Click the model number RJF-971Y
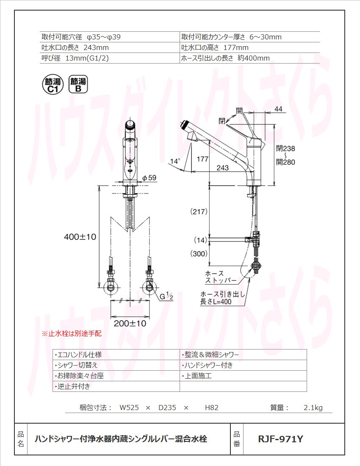pos(280,439)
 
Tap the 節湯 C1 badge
pos(53,85)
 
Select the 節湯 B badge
pos(78,85)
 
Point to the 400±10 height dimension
pos(80,237)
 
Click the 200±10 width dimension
pos(130,324)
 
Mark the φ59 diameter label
pos(150,178)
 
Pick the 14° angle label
pos(175,161)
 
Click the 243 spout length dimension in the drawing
pos(222,168)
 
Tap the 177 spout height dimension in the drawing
pos(203,159)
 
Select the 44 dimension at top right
pos(278,109)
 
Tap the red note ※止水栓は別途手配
pos(71,334)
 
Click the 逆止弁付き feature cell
pos(72,386)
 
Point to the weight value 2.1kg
pos(313,408)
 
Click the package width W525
pos(129,408)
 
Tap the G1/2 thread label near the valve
pos(166,297)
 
